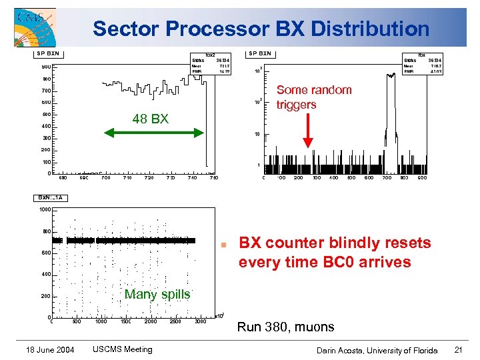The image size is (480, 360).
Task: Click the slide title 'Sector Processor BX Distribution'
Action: tap(261, 29)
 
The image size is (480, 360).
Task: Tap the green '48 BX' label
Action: tap(150, 119)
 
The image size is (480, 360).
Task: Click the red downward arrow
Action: tap(308, 131)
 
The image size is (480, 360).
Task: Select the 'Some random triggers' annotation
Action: tap(313, 97)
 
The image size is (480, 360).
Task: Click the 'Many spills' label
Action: tap(157, 294)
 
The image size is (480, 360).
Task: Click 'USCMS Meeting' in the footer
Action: tap(122, 349)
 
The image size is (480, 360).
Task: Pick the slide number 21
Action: tap(458, 350)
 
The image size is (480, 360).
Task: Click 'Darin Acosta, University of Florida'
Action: tap(377, 350)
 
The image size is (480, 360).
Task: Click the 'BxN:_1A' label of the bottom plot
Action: tap(51, 198)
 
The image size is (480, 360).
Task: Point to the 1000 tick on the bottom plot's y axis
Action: tap(44, 210)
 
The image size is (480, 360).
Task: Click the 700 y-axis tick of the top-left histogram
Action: tap(45, 90)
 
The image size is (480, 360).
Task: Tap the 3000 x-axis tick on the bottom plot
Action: tap(200, 321)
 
